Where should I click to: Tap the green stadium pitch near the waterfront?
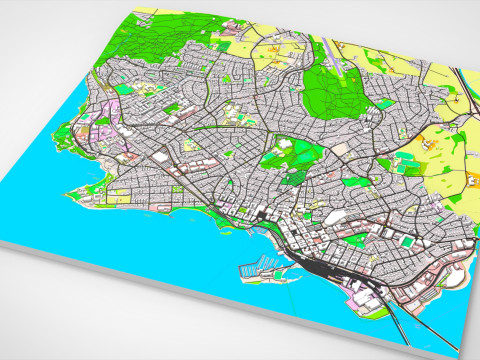point(409,240)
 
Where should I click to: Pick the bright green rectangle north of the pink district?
point(124,89)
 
